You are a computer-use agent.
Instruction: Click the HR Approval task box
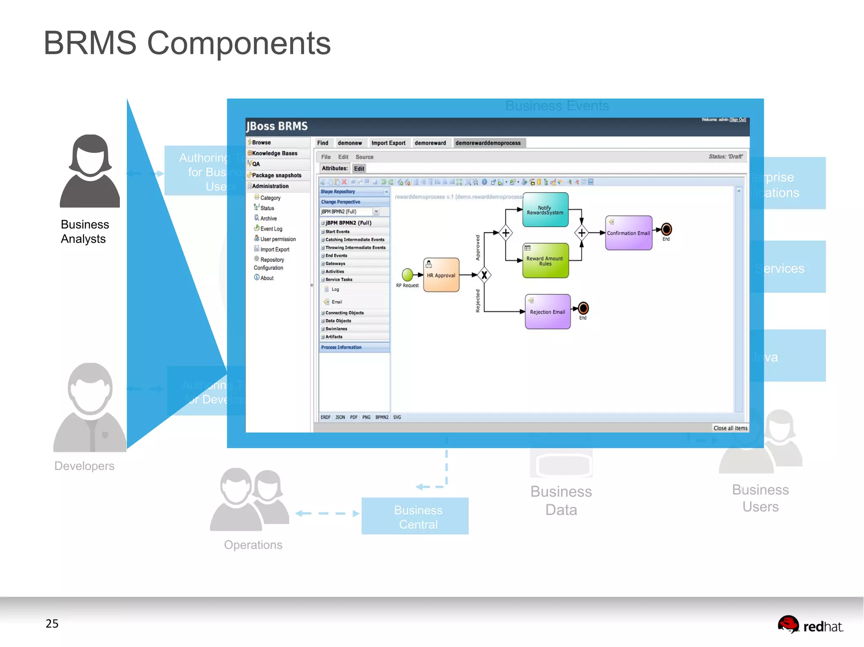441,275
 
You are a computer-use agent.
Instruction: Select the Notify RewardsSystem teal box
545,210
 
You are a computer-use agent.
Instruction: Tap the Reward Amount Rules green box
545,260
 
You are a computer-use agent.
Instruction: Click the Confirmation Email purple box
628,233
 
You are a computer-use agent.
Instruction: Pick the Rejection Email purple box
547,312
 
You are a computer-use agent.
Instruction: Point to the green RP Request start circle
407,275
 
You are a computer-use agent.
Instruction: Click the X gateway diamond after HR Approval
484,275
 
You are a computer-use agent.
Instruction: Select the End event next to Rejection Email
583,308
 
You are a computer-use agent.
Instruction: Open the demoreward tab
430,143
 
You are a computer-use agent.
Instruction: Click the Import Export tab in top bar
388,143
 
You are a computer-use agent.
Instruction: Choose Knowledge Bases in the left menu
275,153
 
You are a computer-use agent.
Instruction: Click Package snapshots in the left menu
276,175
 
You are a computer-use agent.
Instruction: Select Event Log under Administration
271,229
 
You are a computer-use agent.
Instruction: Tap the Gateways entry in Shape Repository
335,263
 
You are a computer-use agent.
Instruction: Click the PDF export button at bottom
354,417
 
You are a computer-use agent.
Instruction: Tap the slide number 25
52,623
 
